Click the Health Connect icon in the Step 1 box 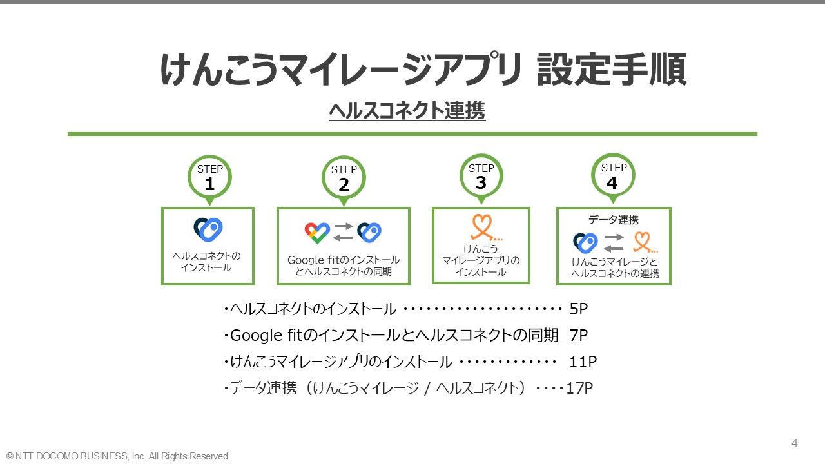pyautogui.click(x=208, y=229)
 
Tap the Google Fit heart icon pyautogui.click(x=317, y=233)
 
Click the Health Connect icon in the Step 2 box pyautogui.click(x=369, y=233)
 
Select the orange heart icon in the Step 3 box pyautogui.click(x=485, y=227)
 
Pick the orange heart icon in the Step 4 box pyautogui.click(x=644, y=242)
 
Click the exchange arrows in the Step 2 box pyautogui.click(x=344, y=232)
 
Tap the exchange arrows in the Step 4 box pyautogui.click(x=614, y=243)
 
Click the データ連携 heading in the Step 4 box pyautogui.click(x=613, y=220)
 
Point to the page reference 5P pyautogui.click(x=578, y=309)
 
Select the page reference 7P pyautogui.click(x=578, y=336)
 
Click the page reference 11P pyautogui.click(x=583, y=362)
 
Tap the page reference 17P pyautogui.click(x=579, y=389)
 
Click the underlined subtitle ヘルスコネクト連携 pyautogui.click(x=407, y=111)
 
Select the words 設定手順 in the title pyautogui.click(x=612, y=69)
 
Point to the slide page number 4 pyautogui.click(x=795, y=443)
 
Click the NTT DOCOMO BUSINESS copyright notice pyautogui.click(x=118, y=456)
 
